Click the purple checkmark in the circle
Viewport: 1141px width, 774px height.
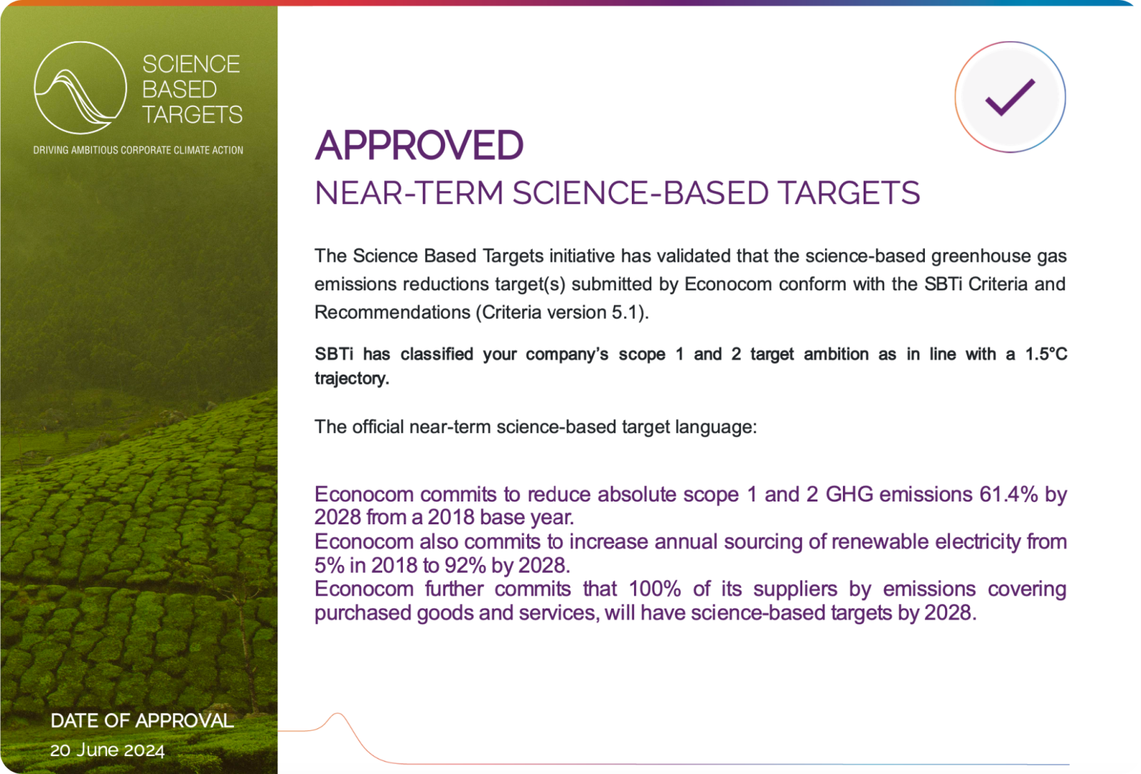(1010, 97)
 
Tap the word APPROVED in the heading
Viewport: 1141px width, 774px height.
(419, 146)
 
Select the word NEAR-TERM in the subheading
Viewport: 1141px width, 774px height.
(409, 193)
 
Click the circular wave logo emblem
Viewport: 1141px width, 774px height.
(80, 88)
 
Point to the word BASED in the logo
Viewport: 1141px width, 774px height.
(179, 90)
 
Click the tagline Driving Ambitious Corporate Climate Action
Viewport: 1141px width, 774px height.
(138, 151)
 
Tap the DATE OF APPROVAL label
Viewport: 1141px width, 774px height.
(142, 720)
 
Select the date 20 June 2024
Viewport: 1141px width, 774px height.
(108, 750)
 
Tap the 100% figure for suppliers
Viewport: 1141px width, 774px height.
(655, 589)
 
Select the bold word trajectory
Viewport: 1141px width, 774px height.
(352, 379)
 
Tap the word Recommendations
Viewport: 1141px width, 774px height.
(392, 312)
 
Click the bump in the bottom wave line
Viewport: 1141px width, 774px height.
(338, 714)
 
